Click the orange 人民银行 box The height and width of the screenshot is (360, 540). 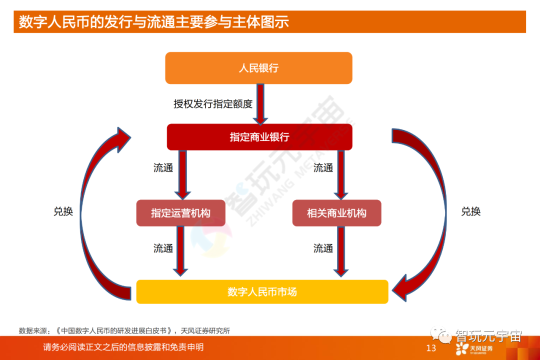pos(258,68)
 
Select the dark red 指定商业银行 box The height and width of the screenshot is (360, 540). pos(259,137)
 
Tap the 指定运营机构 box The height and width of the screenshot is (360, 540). pos(180,213)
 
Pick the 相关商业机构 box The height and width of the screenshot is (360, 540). pos(336,213)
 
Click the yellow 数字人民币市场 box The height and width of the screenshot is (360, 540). pos(262,291)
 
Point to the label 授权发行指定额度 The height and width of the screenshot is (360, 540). pos(213,104)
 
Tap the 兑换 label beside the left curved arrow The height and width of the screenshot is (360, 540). pos(63,211)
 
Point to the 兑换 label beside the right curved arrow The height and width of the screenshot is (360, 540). pos(470,211)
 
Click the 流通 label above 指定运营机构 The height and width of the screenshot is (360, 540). pos(163,168)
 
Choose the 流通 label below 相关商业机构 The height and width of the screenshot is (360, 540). pos(323,248)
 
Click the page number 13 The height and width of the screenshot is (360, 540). pos(430,348)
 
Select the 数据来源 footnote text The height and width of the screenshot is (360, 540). pos(124,330)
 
